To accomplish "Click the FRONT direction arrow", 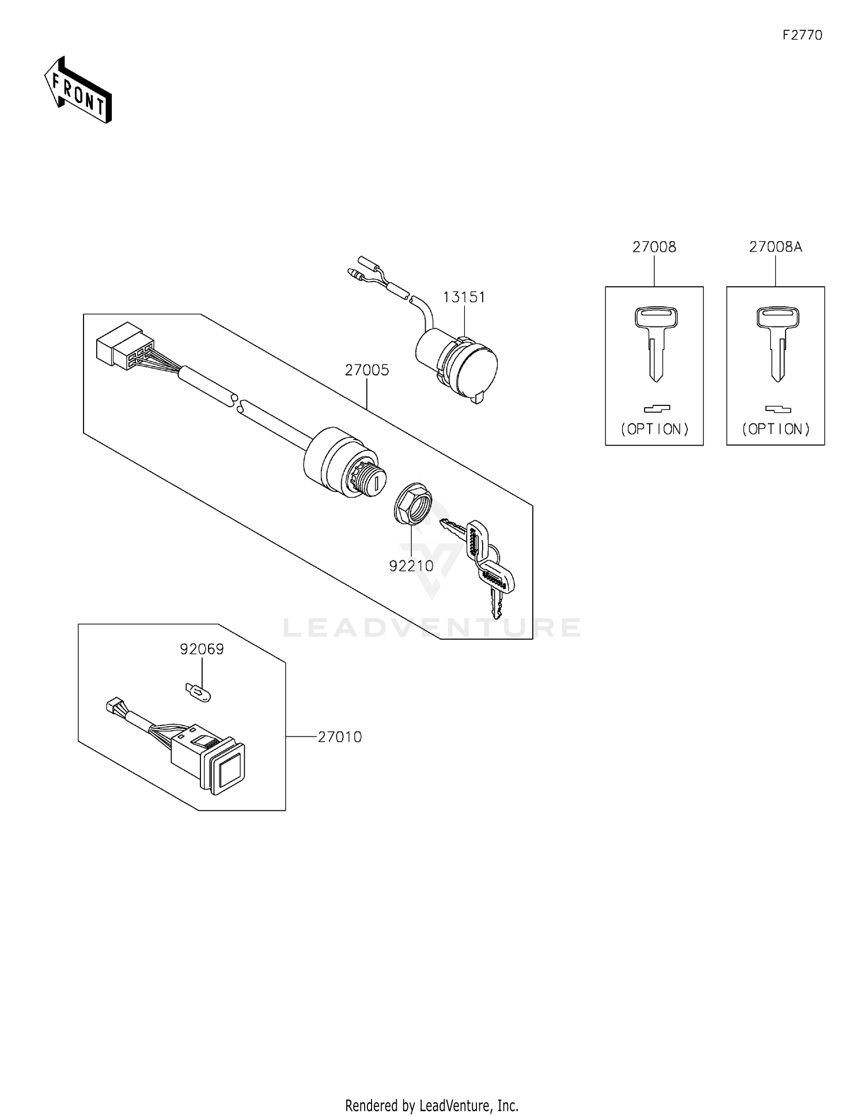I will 78,90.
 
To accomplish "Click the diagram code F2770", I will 802,35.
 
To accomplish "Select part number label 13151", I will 464,297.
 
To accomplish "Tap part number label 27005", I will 367,370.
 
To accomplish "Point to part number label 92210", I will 411,566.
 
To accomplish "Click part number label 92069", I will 202,649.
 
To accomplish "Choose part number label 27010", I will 340,737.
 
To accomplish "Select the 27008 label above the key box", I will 654,247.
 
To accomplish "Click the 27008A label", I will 775,247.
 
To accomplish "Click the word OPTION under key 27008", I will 655,429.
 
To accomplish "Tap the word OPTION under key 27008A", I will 776,429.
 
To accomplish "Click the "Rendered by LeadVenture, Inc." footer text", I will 431,1105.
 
